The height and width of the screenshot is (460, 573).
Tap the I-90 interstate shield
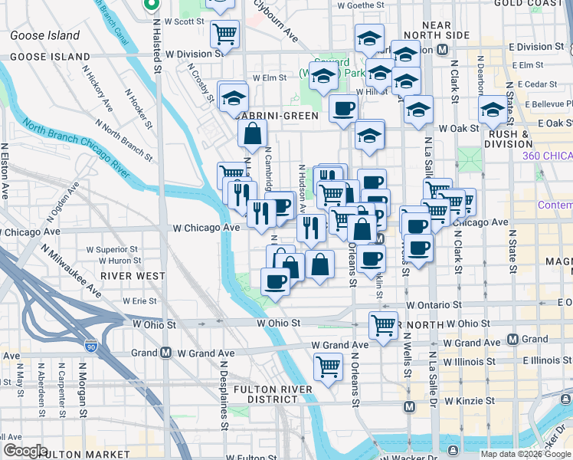coord(92,347)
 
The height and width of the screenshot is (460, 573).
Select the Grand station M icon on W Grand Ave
coord(165,353)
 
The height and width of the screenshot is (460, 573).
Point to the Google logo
coord(25,450)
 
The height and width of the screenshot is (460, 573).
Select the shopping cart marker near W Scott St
coord(224,33)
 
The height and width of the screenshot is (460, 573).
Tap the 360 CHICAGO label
coord(547,156)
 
